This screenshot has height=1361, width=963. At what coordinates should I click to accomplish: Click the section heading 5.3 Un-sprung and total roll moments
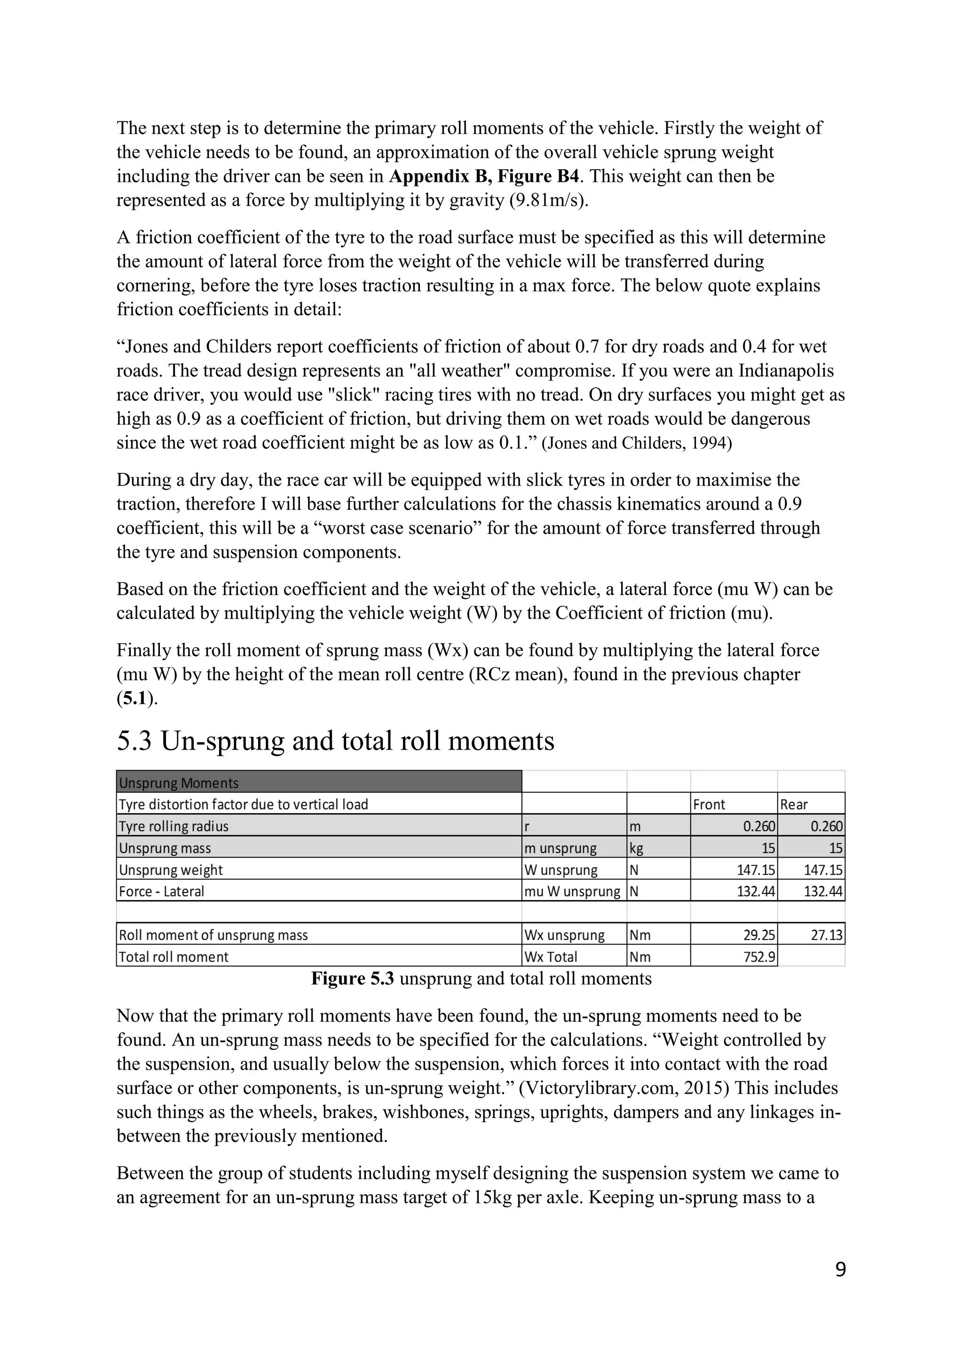(335, 742)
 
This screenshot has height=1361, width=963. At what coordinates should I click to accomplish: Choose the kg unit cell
(636, 848)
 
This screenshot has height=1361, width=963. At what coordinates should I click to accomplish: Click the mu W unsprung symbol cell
(572, 892)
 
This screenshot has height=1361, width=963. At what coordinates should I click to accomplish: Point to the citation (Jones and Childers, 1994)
(637, 443)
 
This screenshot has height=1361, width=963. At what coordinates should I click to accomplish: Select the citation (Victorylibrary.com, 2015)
(600, 1088)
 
